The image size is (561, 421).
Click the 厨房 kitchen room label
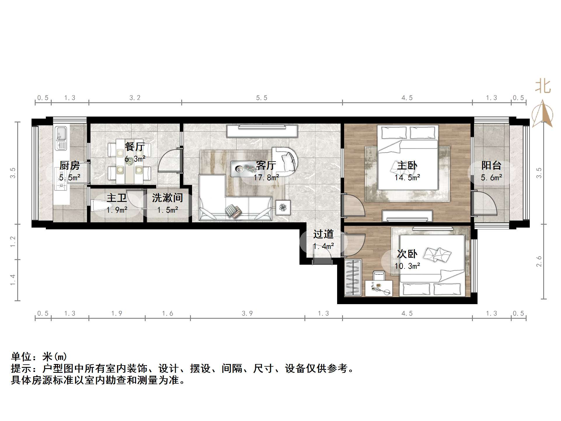(69, 165)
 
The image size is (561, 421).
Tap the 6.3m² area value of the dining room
(135, 159)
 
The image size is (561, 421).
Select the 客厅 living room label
(266, 165)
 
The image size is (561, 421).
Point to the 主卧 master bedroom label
(407, 166)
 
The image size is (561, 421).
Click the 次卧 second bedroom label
(407, 254)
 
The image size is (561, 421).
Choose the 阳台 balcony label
(491, 165)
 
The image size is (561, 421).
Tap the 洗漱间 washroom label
(167, 198)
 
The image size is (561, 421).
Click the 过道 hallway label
(323, 234)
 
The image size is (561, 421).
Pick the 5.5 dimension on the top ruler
(262, 98)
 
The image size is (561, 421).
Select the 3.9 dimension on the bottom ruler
(247, 313)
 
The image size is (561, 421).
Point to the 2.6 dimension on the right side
(539, 261)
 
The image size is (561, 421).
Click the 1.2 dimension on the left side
(13, 242)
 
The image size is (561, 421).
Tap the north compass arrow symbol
(542, 114)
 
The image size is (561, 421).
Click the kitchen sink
(61, 138)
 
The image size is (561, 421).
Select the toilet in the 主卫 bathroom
(99, 205)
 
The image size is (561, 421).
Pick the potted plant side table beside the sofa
(283, 208)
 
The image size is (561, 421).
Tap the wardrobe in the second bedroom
(353, 277)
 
